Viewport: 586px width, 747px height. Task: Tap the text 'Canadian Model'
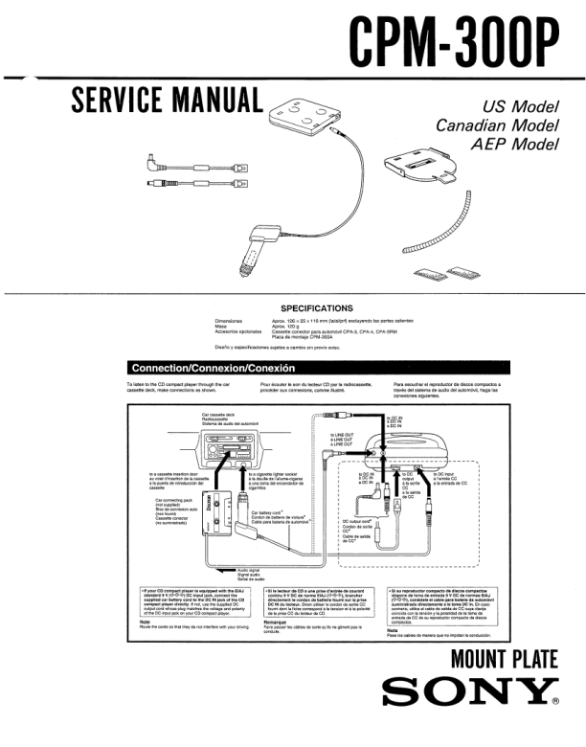point(497,125)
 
